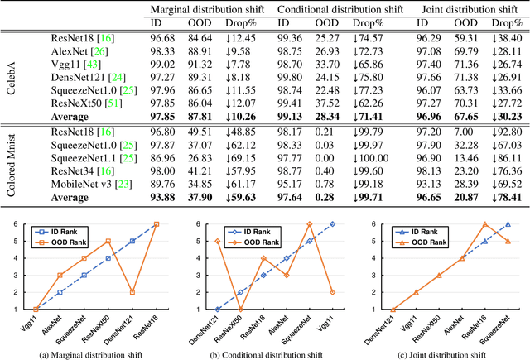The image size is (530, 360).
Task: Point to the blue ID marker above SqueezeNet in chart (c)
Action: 508,223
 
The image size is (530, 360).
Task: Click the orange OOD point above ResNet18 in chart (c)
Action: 484,223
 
